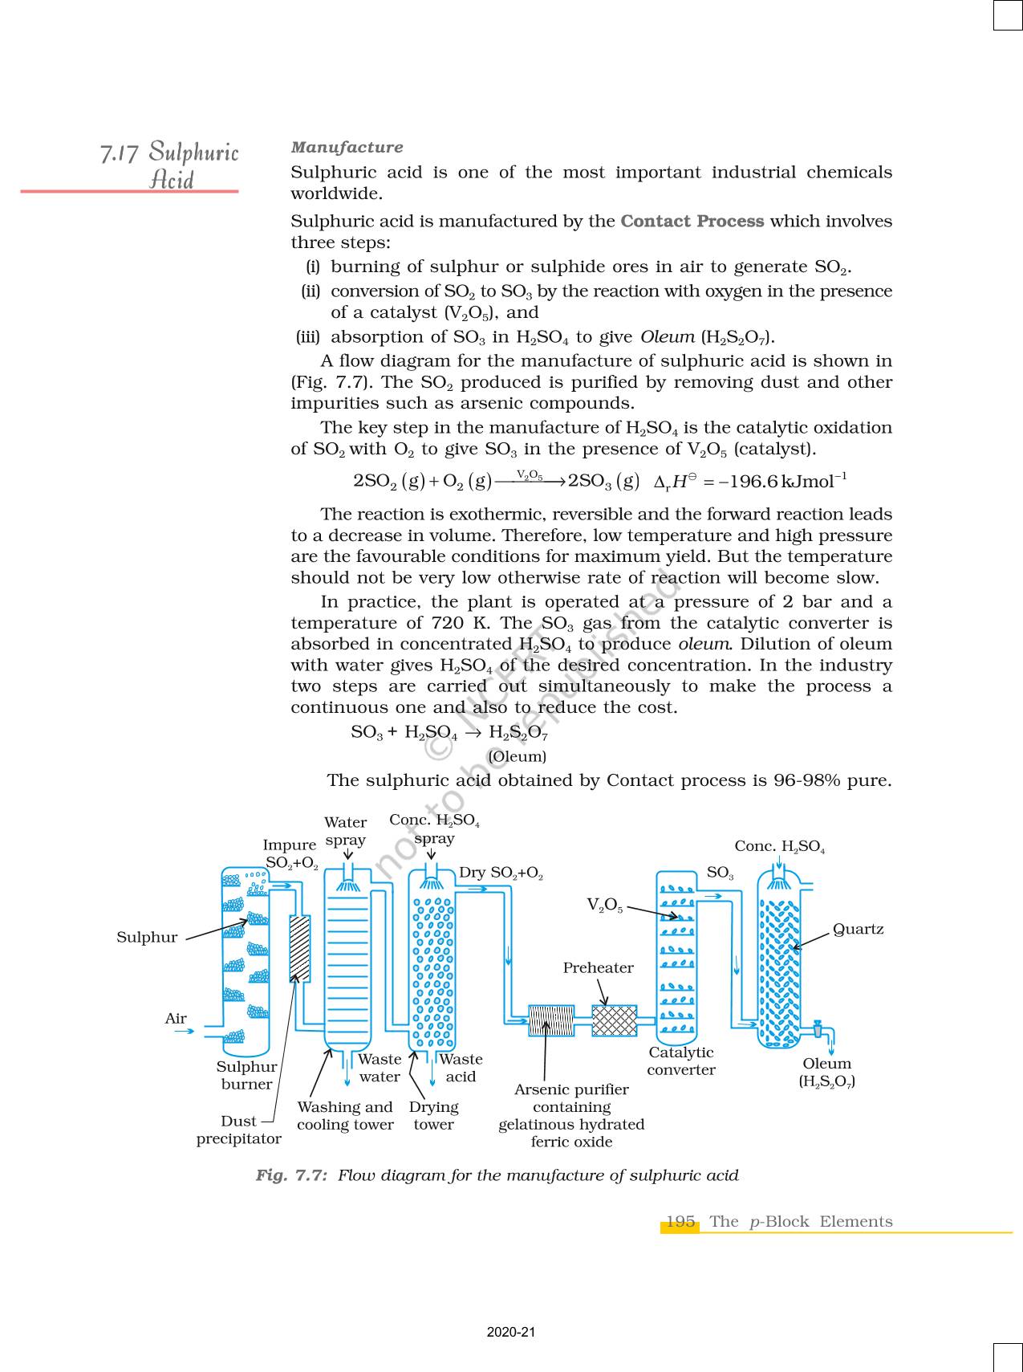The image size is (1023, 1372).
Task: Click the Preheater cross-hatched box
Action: click(614, 1020)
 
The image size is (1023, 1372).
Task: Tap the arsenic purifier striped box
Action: click(551, 1020)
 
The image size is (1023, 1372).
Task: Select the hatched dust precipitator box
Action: click(299, 948)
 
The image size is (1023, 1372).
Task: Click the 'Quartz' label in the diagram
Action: click(858, 929)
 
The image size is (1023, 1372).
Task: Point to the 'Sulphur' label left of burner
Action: click(147, 937)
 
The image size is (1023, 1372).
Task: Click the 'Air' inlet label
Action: click(176, 1019)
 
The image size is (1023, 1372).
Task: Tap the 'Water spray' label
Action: click(345, 831)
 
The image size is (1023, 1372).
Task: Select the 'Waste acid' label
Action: click(461, 1068)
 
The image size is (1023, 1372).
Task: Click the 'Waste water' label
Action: click(380, 1068)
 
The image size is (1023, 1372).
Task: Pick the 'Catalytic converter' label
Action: click(681, 1061)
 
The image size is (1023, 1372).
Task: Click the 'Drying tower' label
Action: click(433, 1115)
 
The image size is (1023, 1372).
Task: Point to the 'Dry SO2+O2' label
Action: click(501, 873)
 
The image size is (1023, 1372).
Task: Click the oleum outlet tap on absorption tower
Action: click(818, 1028)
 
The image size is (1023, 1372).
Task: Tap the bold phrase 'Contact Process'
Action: click(692, 222)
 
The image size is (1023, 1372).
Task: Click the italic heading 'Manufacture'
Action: click(347, 148)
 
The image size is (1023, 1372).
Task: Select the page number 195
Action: click(680, 1221)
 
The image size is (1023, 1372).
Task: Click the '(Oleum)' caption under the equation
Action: click(517, 756)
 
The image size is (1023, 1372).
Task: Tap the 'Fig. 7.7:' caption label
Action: click(291, 1175)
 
